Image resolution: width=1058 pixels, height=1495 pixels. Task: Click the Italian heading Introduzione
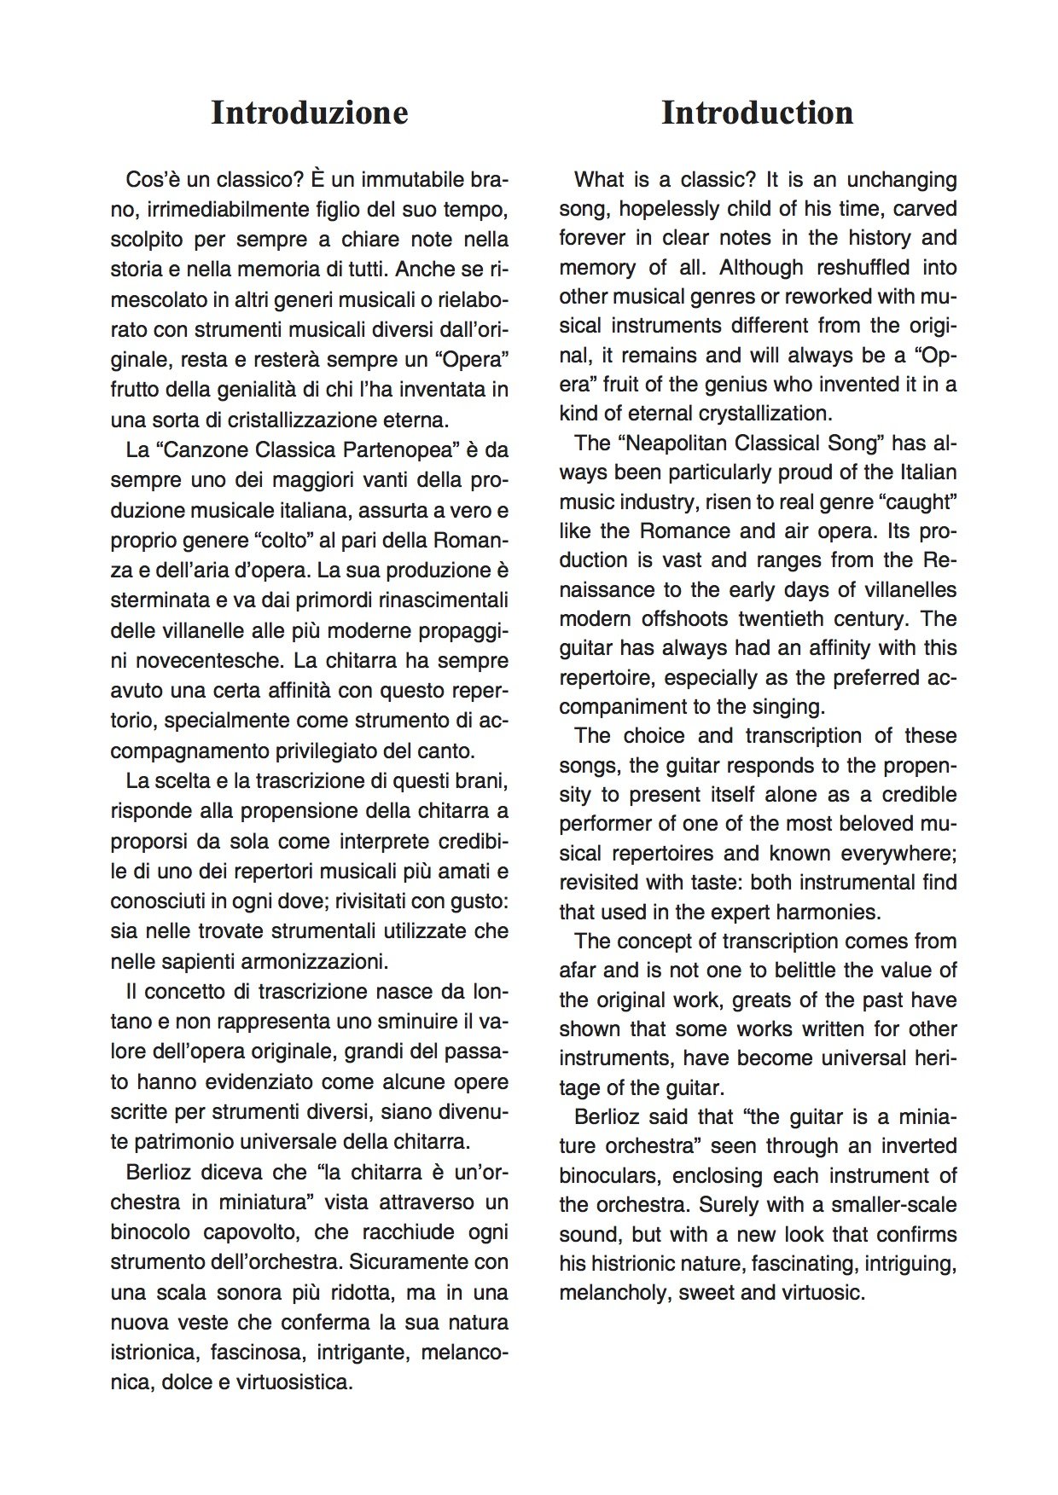(309, 113)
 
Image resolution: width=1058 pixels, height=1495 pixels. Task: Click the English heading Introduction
(757, 113)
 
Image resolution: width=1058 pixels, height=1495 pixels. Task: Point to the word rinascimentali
(445, 600)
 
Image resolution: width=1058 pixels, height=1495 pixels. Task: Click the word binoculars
(609, 1175)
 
